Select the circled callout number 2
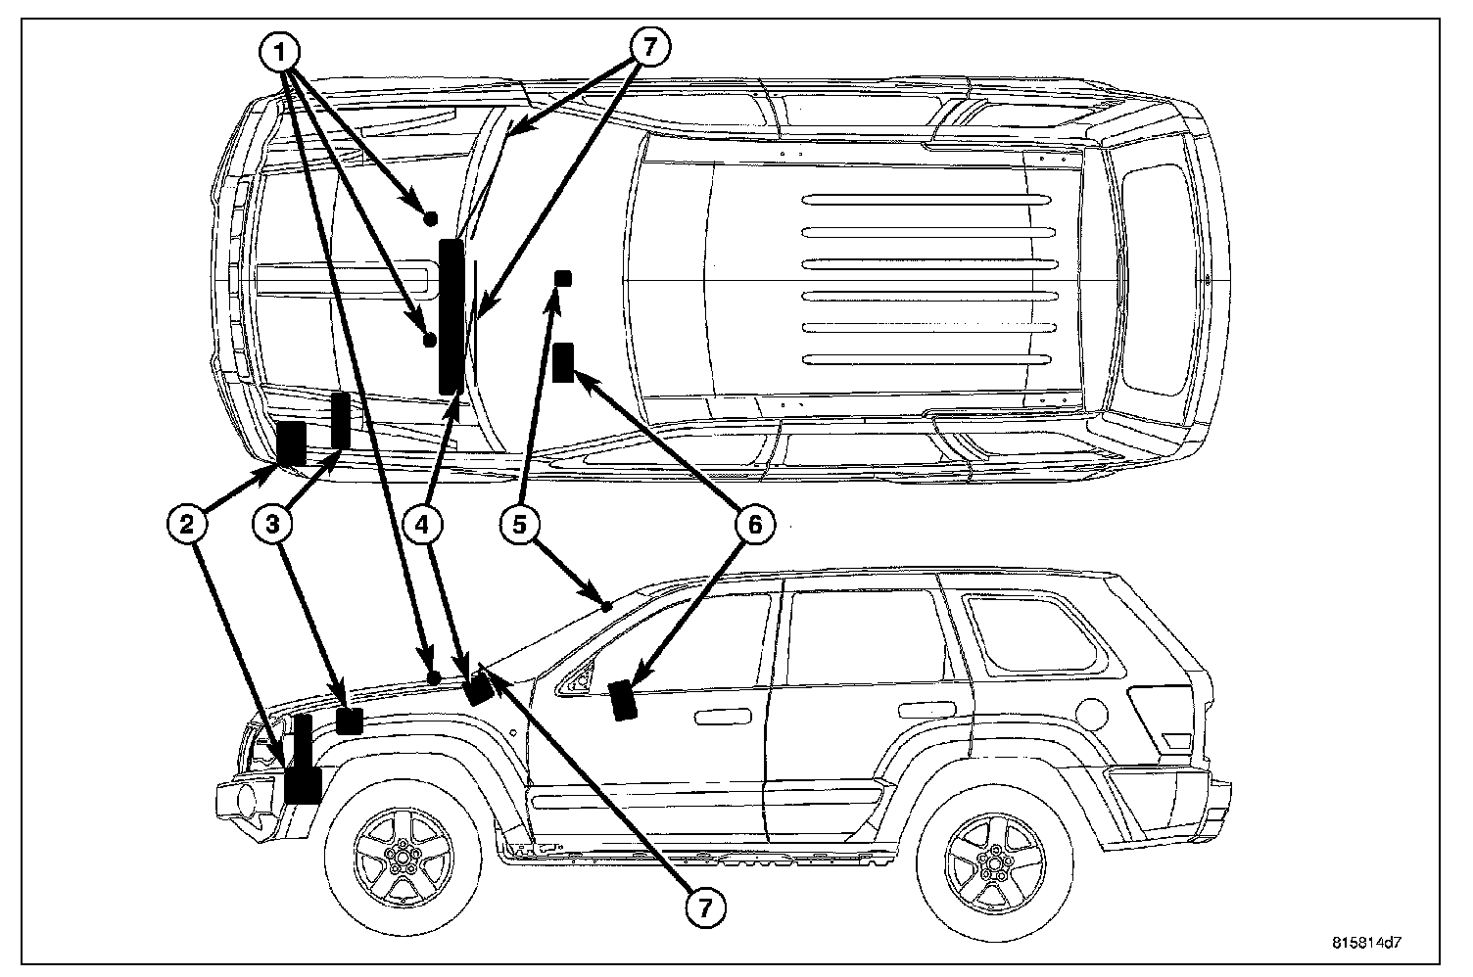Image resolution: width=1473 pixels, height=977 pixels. point(186,525)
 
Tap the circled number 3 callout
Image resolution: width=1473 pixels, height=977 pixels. point(273,525)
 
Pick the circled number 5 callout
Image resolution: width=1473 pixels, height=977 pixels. point(520,525)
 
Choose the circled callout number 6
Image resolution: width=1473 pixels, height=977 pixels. point(754,525)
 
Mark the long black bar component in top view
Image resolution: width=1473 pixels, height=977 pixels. point(451,315)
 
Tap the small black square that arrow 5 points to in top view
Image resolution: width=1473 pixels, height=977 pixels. point(563,278)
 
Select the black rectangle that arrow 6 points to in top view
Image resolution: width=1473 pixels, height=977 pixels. point(563,362)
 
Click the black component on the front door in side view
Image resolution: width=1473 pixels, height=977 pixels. point(623,700)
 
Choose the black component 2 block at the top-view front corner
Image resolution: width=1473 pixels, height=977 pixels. point(292,443)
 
